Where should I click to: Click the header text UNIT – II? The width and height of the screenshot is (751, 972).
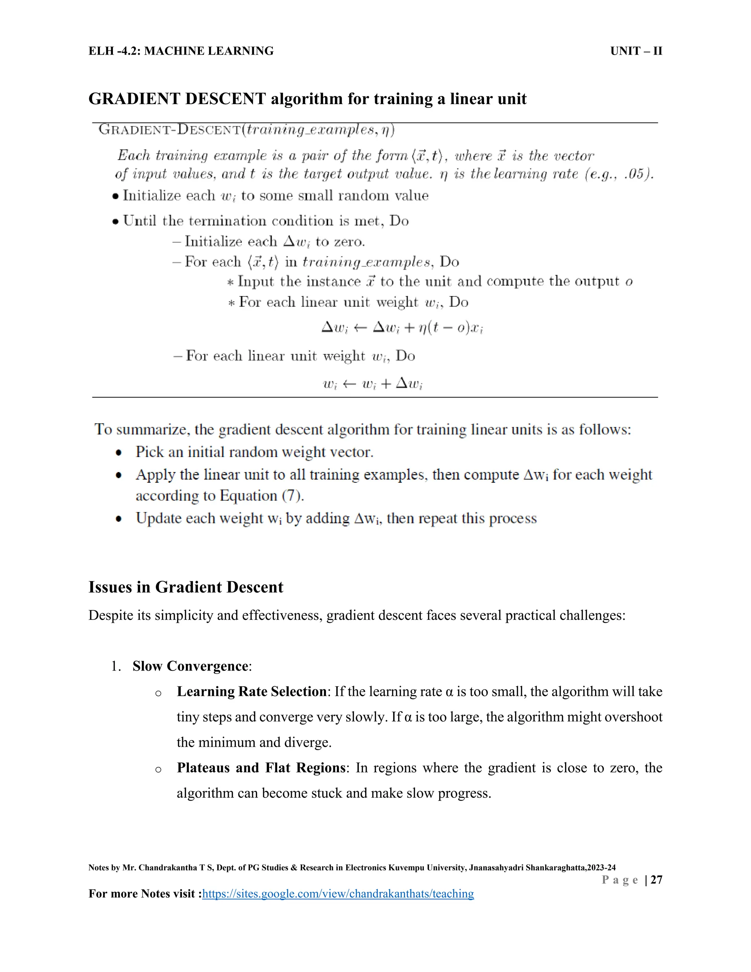[636, 51]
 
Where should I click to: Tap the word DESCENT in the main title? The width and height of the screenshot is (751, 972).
[225, 99]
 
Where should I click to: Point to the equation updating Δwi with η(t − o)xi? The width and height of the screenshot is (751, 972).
[402, 328]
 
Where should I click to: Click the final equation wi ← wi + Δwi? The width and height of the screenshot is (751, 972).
[373, 384]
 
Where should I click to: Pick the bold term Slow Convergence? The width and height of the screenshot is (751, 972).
[190, 666]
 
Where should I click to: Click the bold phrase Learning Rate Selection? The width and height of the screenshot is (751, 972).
[251, 692]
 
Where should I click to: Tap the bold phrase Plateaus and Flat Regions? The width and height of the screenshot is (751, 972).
[261, 768]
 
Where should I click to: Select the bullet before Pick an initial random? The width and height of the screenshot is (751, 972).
[118, 453]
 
